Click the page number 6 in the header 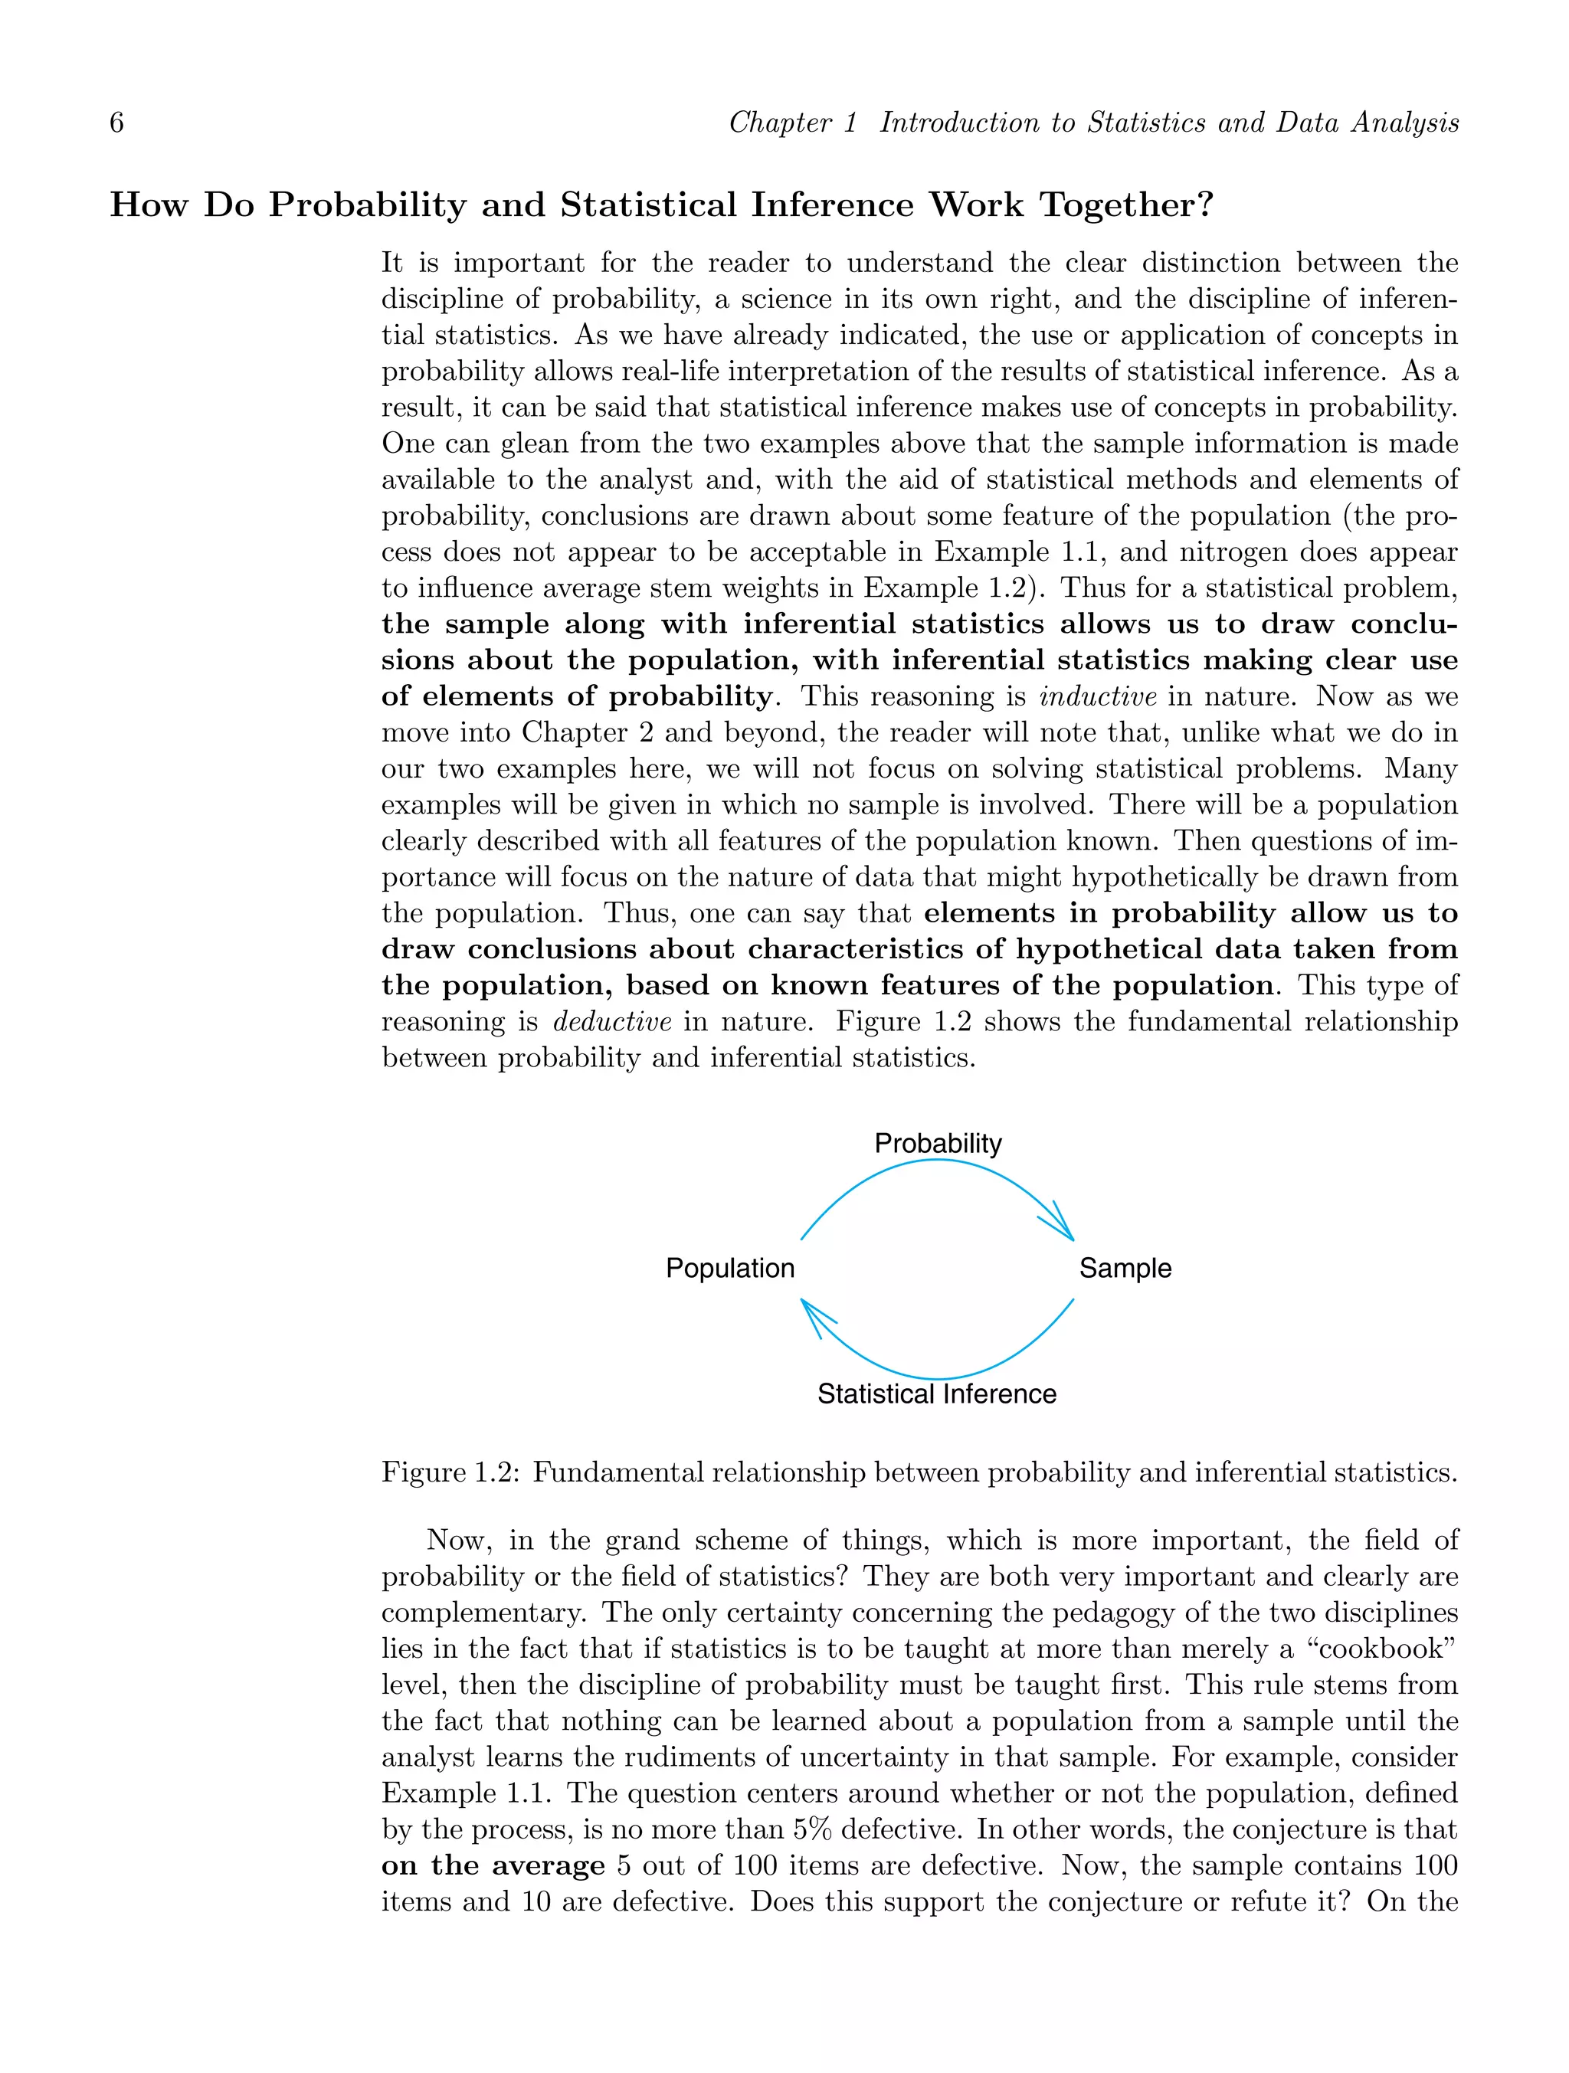click(x=117, y=123)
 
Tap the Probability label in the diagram click(x=937, y=1143)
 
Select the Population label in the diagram click(x=729, y=1269)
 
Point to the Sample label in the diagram click(x=1125, y=1269)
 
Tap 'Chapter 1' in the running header click(x=793, y=123)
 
